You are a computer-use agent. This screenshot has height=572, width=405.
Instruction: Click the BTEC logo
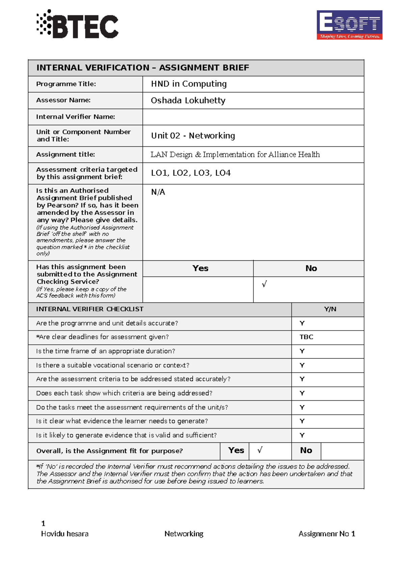pyautogui.click(x=78, y=24)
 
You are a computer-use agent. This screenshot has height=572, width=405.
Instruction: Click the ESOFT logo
pyautogui.click(x=349, y=25)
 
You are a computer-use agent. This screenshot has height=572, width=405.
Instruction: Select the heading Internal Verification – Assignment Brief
pyautogui.click(x=142, y=68)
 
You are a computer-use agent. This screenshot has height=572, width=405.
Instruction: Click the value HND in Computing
pyautogui.click(x=189, y=84)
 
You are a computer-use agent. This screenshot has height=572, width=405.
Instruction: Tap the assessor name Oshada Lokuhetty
pyautogui.click(x=188, y=101)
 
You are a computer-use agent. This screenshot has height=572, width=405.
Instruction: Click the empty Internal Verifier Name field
pyautogui.click(x=253, y=117)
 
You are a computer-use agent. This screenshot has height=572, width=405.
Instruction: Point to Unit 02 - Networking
pyautogui.click(x=193, y=136)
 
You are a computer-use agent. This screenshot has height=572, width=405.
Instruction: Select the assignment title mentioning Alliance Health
pyautogui.click(x=235, y=155)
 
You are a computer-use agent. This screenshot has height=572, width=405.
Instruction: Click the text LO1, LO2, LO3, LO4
pyautogui.click(x=191, y=173)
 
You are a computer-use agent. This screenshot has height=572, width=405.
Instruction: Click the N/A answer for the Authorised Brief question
pyautogui.click(x=158, y=192)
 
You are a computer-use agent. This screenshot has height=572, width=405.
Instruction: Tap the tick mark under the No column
pyautogui.click(x=264, y=284)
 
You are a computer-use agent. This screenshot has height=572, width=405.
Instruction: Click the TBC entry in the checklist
pyautogui.click(x=306, y=337)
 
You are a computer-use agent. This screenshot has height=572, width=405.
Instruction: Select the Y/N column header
pyautogui.click(x=330, y=309)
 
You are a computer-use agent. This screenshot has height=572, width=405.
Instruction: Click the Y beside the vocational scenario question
pyautogui.click(x=302, y=365)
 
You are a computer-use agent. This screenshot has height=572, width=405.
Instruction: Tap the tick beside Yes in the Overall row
pyautogui.click(x=260, y=450)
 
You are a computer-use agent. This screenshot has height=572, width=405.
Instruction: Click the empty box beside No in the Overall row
pyautogui.click(x=342, y=451)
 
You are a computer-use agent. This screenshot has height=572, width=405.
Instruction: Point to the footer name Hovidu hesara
pyautogui.click(x=65, y=534)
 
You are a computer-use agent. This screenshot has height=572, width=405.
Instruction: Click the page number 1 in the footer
pyautogui.click(x=43, y=523)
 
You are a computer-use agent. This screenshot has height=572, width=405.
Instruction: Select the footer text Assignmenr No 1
pyautogui.click(x=326, y=534)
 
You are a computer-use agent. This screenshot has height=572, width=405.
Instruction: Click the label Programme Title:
pyautogui.click(x=66, y=84)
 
